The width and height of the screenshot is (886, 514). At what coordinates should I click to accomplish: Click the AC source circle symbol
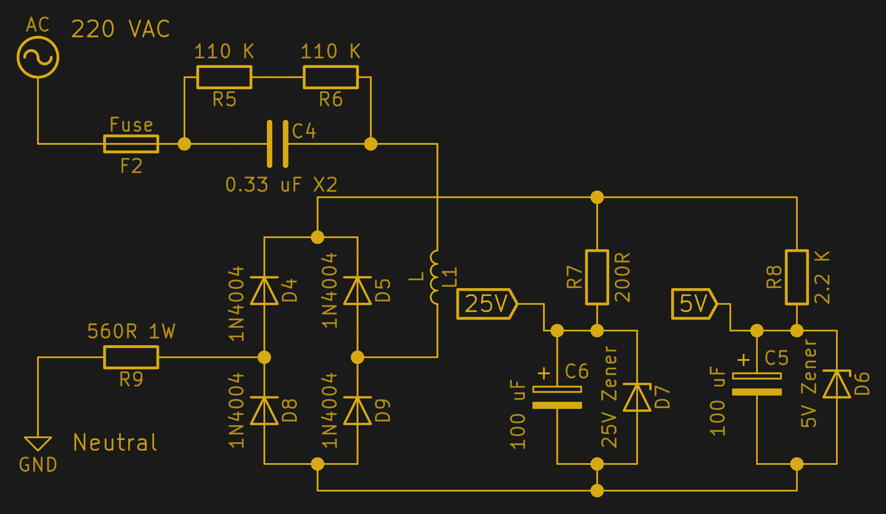pos(38,57)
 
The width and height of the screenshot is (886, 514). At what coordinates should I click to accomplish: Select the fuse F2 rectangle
pos(131,144)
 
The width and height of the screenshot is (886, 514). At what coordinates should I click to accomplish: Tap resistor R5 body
pos(224,77)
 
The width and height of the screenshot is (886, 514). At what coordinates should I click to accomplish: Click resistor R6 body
pos(331,77)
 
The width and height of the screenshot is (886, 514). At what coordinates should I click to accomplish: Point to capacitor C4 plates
pos(277,144)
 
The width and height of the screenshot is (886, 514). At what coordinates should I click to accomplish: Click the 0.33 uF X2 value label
pos(281,185)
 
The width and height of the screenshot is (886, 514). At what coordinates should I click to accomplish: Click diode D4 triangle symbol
pos(264,291)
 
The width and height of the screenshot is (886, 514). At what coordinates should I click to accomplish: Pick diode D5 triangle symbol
pos(358,291)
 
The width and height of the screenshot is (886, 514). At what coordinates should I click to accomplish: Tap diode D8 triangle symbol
pos(264,411)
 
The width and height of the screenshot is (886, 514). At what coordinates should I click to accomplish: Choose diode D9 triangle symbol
pos(358,411)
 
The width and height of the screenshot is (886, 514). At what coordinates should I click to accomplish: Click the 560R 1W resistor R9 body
pos(131,357)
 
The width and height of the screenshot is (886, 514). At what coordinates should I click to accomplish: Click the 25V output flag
pos(486,304)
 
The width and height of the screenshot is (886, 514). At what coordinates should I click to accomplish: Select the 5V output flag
pos(694,304)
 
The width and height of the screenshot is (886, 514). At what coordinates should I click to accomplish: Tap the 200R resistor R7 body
pos(597,277)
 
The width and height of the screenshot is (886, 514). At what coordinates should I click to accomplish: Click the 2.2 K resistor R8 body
pos(796,277)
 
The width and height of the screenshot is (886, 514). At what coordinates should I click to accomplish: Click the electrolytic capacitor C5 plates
pos(757,384)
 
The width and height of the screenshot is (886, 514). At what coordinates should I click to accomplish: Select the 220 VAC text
pos(120,29)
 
